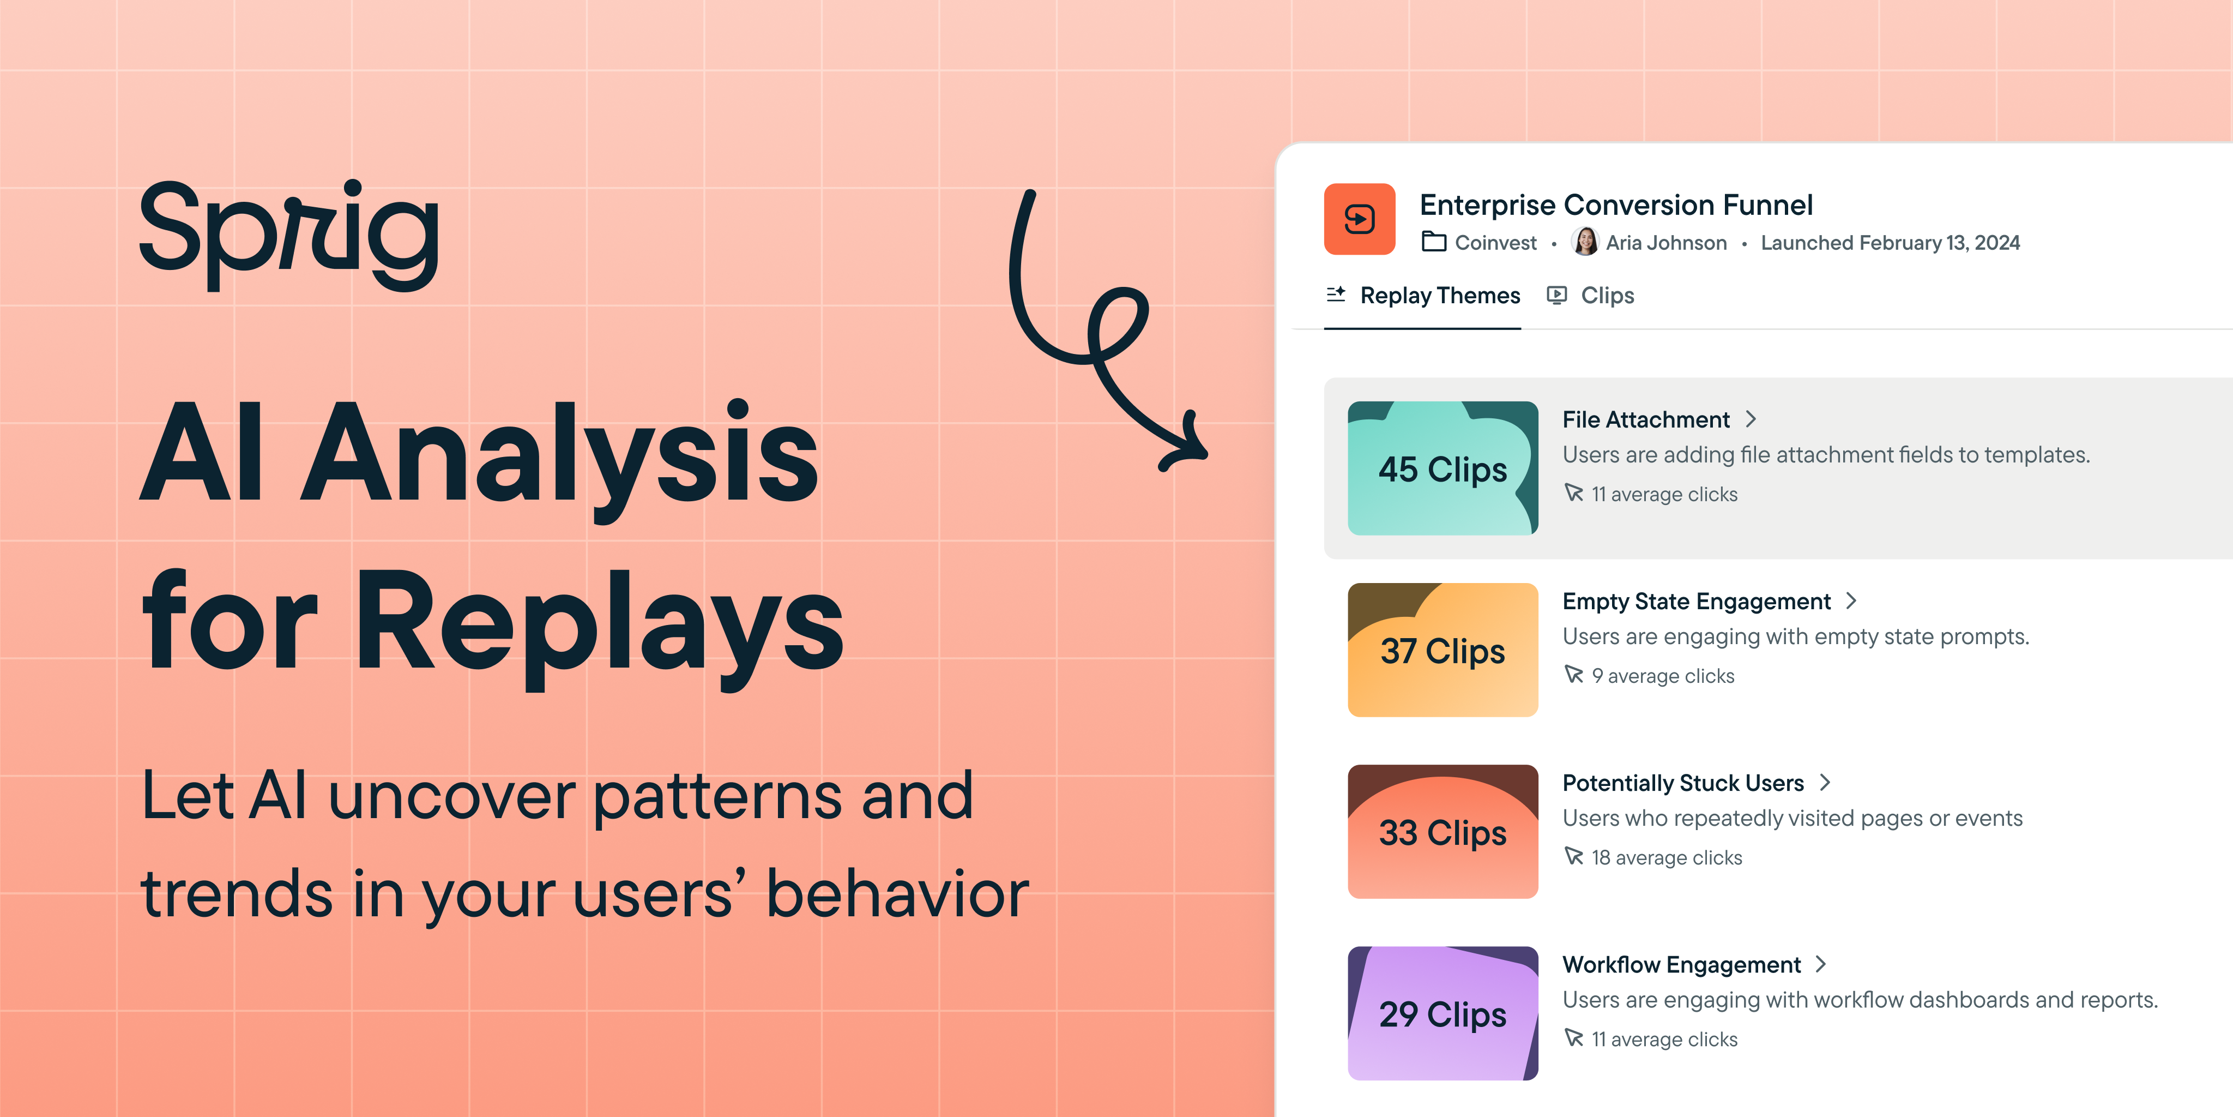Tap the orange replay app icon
(x=1359, y=219)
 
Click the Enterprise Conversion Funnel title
(x=1616, y=205)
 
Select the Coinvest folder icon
(x=1434, y=242)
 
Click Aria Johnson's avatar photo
(x=1585, y=242)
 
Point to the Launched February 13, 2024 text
(x=1890, y=243)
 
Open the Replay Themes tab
(x=1440, y=296)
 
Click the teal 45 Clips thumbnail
(x=1443, y=469)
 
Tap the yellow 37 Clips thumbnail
(x=1443, y=650)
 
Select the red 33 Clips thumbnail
(x=1443, y=832)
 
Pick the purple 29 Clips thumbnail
(x=1443, y=1013)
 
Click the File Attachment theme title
(x=1645, y=420)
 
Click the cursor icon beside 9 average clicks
(x=1573, y=675)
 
